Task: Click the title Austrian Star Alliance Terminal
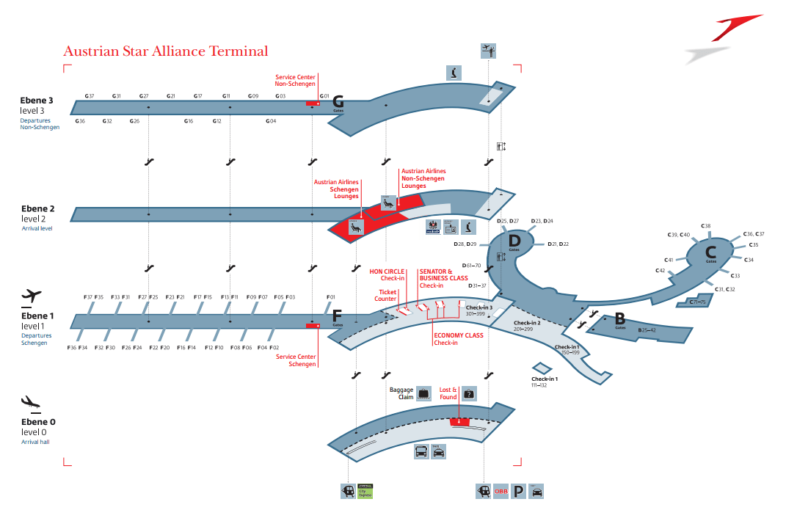pos(165,51)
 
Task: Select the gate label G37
pos(90,96)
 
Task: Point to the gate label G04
pos(271,121)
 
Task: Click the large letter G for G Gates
pos(338,102)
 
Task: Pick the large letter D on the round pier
pos(514,240)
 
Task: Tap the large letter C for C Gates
pos(710,252)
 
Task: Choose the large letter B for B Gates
pos(619,318)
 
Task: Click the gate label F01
pos(330,297)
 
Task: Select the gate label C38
pos(706,226)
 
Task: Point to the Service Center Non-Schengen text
pos(296,80)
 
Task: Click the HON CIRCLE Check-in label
pos(387,274)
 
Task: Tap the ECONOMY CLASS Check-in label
pos(458,339)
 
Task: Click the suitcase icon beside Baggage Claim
pos(423,393)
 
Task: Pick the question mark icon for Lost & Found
pos(469,393)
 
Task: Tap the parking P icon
pos(519,491)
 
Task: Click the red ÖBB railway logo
pos(501,491)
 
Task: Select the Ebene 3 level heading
pos(37,101)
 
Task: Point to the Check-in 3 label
pos(479,308)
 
